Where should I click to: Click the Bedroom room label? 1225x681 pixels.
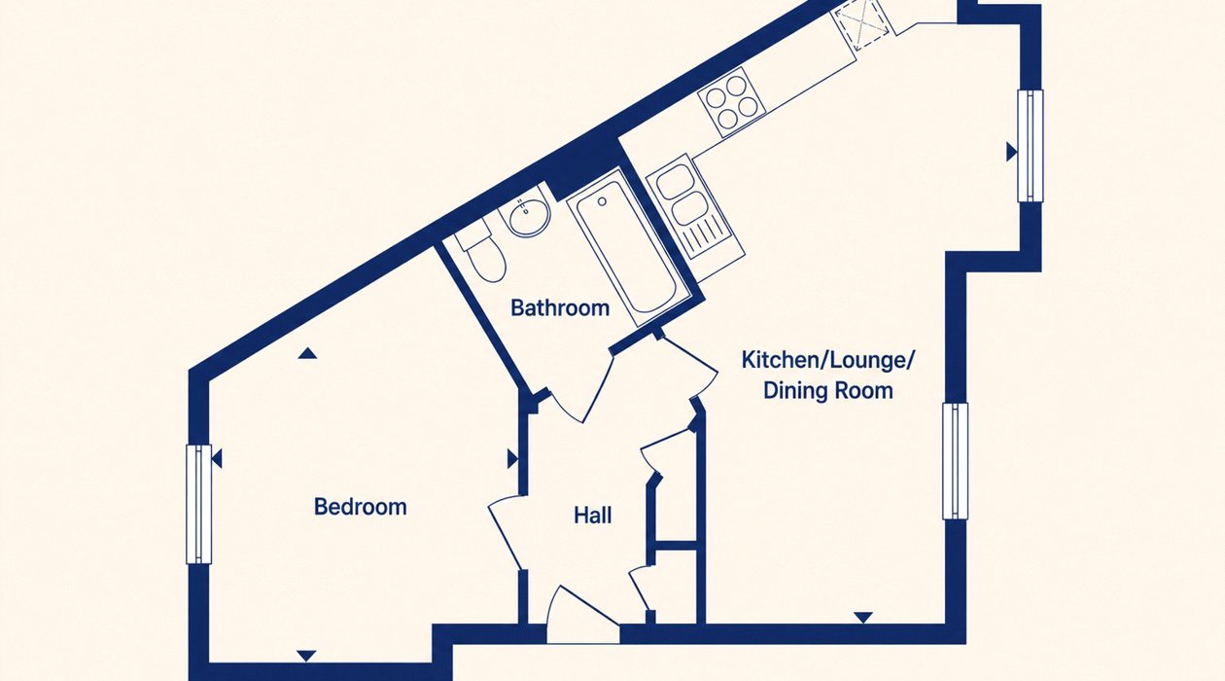tap(361, 508)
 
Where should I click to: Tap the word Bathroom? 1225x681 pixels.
tap(560, 308)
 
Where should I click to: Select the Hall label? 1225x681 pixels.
tap(593, 516)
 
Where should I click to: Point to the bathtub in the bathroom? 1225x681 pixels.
tap(627, 246)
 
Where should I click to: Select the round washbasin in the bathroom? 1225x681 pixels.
tap(529, 216)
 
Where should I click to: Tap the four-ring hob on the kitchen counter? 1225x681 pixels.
tap(730, 102)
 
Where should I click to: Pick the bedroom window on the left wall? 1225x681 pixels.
tap(198, 504)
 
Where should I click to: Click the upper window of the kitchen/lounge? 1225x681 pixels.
tap(1031, 146)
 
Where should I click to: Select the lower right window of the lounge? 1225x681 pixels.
tap(955, 461)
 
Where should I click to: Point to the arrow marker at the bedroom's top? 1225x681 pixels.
tap(307, 354)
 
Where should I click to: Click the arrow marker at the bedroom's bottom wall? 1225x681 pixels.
tap(306, 656)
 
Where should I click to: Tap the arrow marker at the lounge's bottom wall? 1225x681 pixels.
tap(863, 618)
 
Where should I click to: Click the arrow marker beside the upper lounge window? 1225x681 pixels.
tap(1012, 152)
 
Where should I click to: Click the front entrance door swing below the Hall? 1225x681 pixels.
tap(583, 615)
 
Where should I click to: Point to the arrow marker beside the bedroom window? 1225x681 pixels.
tap(217, 459)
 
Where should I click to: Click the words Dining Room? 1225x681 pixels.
tap(828, 391)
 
